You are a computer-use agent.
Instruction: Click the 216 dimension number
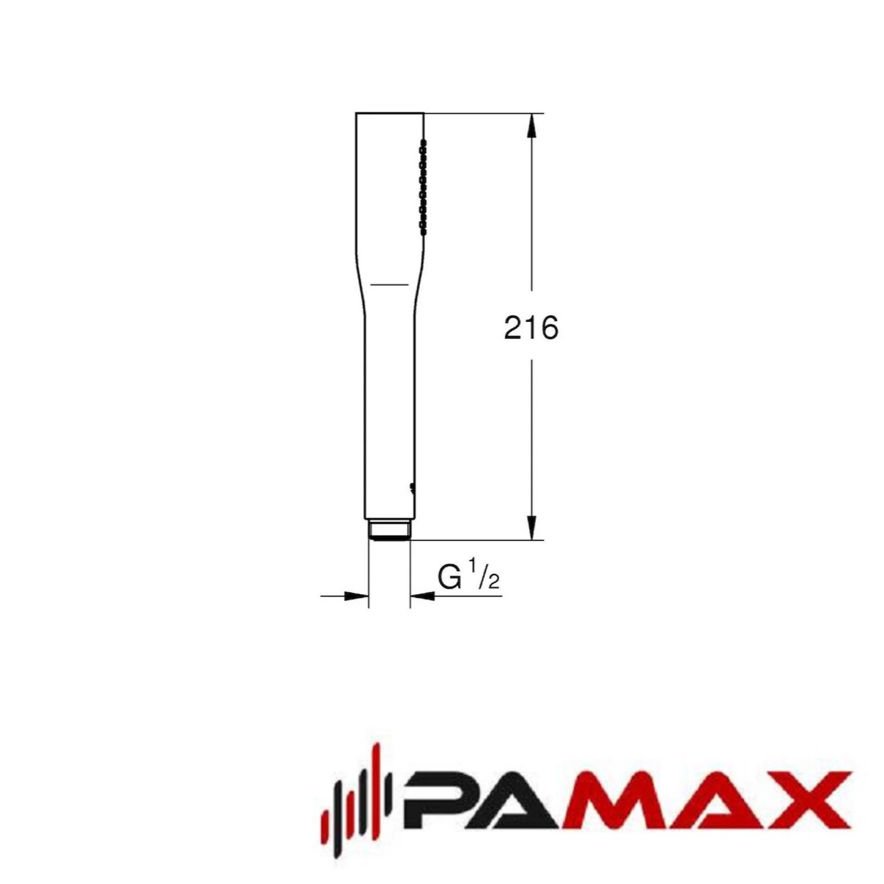pyautogui.click(x=530, y=328)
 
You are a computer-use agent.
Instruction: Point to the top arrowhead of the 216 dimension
pyautogui.click(x=532, y=126)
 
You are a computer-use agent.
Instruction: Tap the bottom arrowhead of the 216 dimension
pyautogui.click(x=532, y=527)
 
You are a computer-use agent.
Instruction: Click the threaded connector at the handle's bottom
pyautogui.click(x=389, y=529)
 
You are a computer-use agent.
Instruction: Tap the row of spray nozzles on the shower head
pyautogui.click(x=422, y=187)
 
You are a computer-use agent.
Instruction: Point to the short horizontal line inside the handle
pyautogui.click(x=389, y=285)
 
